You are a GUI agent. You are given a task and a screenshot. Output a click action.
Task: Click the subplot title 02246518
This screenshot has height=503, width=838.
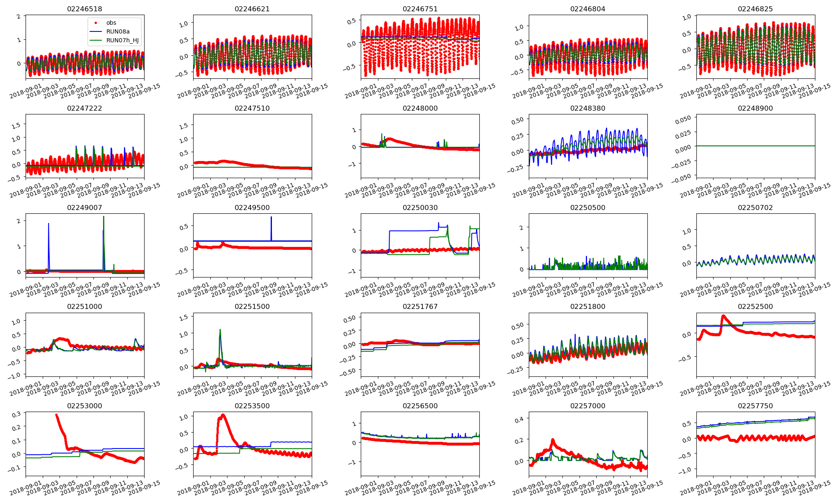click(x=85, y=9)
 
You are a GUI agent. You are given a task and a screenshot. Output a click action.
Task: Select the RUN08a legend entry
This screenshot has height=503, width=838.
click(x=118, y=32)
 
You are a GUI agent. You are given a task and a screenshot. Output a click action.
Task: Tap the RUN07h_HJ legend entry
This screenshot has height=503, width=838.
click(x=122, y=41)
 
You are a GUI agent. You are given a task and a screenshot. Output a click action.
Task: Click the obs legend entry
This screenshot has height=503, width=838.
click(x=111, y=23)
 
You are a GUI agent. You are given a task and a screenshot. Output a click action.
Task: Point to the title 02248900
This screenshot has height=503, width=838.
click(x=755, y=109)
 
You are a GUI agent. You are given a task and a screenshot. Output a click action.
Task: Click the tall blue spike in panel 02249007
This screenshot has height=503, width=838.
click(x=49, y=224)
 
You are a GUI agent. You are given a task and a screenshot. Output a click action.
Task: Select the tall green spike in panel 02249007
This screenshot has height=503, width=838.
click(x=103, y=217)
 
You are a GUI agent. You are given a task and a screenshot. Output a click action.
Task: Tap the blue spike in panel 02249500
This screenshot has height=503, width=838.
click(x=271, y=217)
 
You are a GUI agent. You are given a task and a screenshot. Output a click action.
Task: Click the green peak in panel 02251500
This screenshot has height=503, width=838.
click(x=220, y=330)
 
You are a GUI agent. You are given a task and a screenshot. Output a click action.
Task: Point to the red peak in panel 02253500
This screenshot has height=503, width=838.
click(x=222, y=415)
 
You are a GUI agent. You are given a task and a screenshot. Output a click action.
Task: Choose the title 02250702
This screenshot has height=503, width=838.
click(x=755, y=208)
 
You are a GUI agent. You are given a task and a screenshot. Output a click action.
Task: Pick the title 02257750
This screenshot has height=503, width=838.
click(x=755, y=406)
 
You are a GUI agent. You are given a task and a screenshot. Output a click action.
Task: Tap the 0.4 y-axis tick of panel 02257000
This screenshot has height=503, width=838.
click(x=519, y=420)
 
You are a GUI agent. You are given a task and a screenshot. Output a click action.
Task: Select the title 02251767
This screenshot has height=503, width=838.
click(x=420, y=307)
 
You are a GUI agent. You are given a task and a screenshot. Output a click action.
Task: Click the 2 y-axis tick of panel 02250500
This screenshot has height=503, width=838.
click(x=522, y=228)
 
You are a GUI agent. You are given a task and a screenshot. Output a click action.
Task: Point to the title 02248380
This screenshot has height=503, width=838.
click(x=587, y=109)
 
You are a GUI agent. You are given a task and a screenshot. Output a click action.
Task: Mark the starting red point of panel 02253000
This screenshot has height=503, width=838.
click(x=57, y=415)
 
